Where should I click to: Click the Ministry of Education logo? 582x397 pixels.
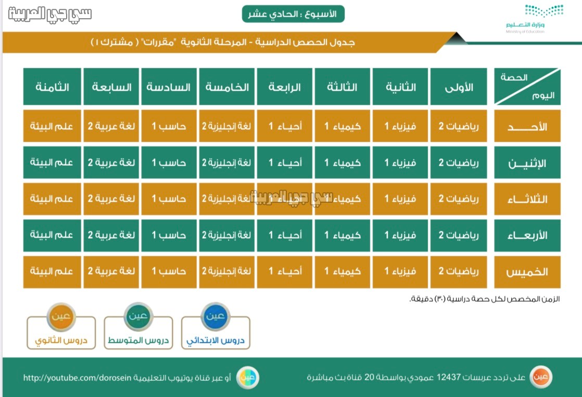point(535,19)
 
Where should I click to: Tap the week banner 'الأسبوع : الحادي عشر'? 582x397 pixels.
point(293,14)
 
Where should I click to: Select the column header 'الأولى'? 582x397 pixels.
point(459,86)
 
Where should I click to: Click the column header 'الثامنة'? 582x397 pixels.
point(52,86)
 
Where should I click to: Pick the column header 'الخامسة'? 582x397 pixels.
point(227,86)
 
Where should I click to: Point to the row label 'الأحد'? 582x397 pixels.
point(527,126)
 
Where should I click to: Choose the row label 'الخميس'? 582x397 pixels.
point(527,272)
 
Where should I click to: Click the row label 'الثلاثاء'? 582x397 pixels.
point(527,199)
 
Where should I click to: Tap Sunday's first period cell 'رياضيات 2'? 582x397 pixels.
point(459,126)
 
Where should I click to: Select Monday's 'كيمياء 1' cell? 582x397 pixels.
point(342,163)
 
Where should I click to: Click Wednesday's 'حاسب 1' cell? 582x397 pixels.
point(169,235)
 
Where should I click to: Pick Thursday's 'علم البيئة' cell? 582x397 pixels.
point(52,272)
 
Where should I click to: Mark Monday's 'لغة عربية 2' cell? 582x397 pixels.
point(111,163)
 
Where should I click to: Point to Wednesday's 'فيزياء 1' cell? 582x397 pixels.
point(400,235)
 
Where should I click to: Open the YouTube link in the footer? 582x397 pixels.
point(77,378)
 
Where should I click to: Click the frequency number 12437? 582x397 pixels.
point(449,377)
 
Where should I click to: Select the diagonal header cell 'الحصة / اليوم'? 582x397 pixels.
point(527,86)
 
